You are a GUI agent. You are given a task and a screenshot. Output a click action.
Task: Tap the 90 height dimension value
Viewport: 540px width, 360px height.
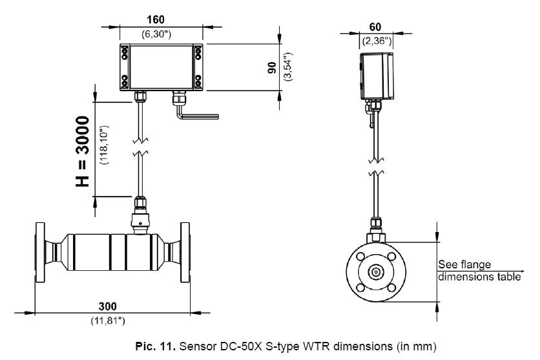pos(272,67)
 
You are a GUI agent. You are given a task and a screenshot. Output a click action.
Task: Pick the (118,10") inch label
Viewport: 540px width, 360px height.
pos(104,145)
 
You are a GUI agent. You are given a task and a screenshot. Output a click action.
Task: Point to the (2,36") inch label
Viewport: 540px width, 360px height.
pos(376,41)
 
